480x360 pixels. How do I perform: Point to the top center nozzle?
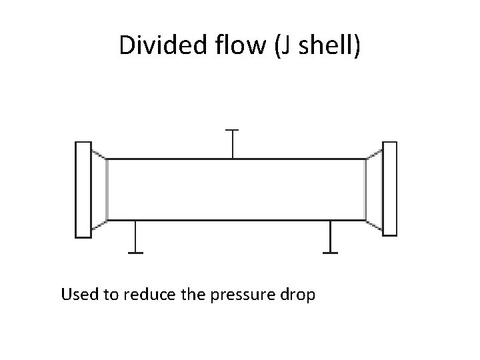(x=232, y=144)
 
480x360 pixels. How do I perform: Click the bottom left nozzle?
(x=135, y=237)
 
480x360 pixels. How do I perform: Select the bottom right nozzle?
(x=330, y=237)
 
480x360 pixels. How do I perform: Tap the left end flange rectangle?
(x=83, y=189)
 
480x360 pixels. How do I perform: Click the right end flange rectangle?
(x=389, y=189)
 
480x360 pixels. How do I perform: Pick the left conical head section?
(x=99, y=189)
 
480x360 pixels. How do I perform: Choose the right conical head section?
(x=374, y=189)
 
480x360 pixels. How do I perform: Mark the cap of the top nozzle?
(x=232, y=130)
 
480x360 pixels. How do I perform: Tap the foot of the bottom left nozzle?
(x=135, y=253)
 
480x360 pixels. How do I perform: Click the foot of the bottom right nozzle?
(x=330, y=253)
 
